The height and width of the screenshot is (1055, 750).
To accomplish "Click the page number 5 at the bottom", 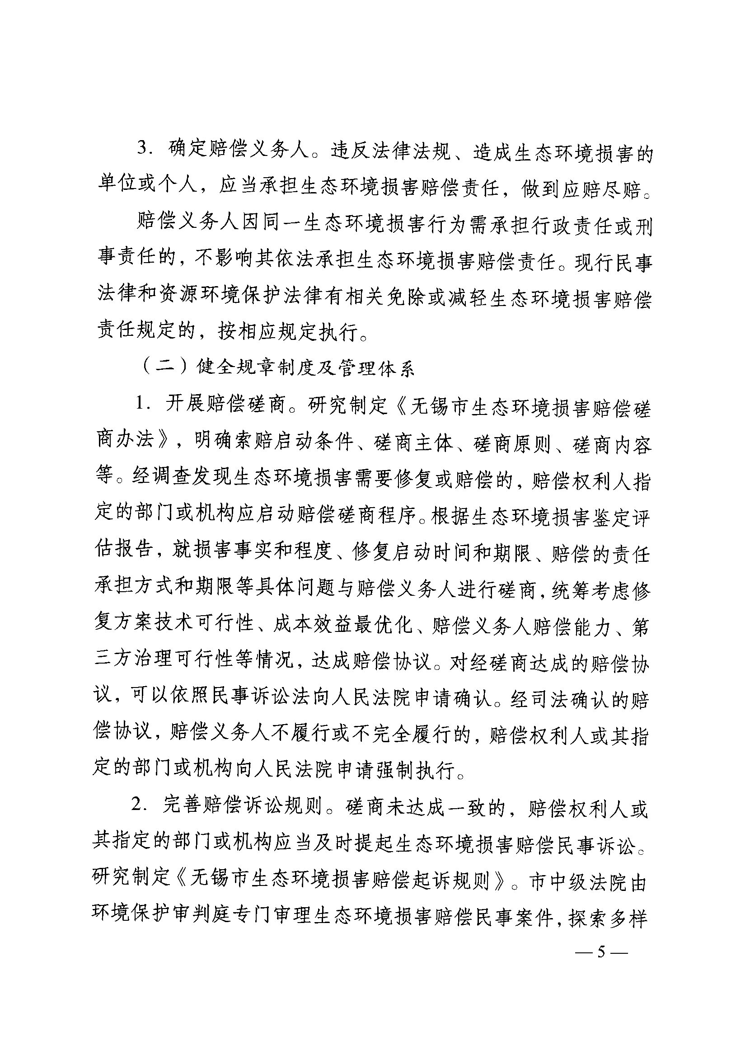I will click(x=600, y=952).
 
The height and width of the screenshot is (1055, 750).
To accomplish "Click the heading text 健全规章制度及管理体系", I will click(x=305, y=368).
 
